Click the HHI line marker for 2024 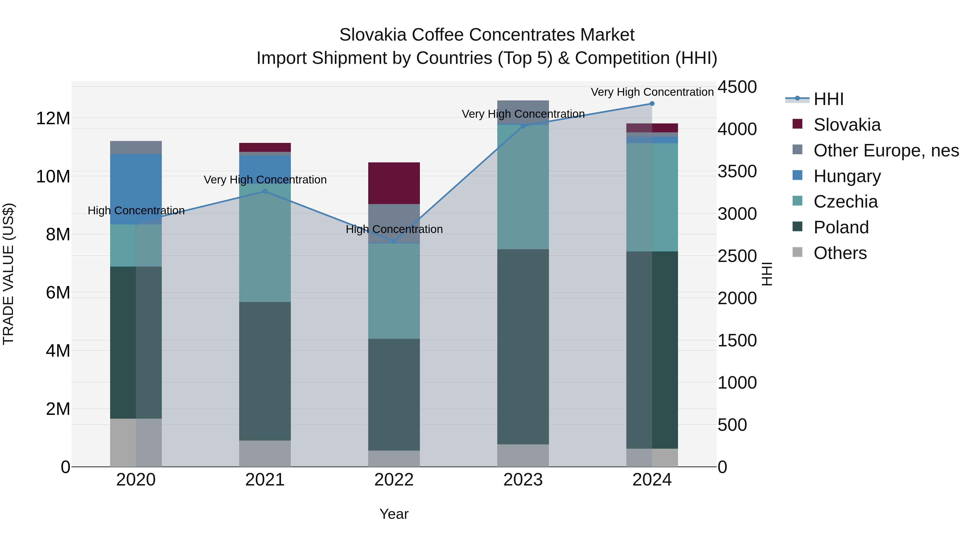[x=652, y=104]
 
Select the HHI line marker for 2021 [x=265, y=191]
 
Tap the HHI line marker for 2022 [x=394, y=241]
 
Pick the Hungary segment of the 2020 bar [x=136, y=189]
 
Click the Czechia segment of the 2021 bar [x=265, y=246]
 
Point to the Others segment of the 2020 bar [x=136, y=442]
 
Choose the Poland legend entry [x=841, y=227]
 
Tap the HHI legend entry [x=828, y=99]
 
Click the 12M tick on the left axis [x=53, y=118]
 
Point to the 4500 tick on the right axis [x=737, y=87]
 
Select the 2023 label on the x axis [x=523, y=480]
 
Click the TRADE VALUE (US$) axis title [x=8, y=274]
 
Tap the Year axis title [x=394, y=514]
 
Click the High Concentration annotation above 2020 [x=136, y=211]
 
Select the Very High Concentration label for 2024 [x=652, y=92]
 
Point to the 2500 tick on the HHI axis [x=737, y=256]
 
